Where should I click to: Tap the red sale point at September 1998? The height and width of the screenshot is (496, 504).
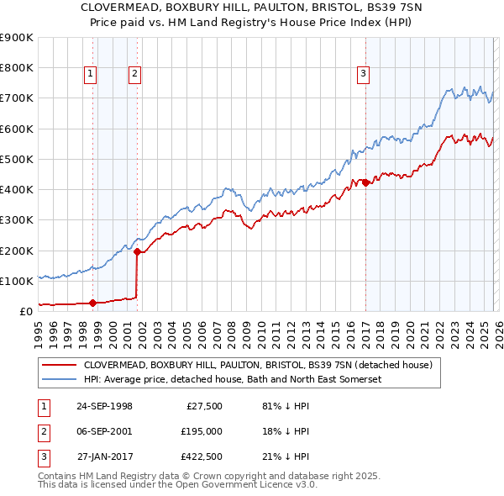[93, 303]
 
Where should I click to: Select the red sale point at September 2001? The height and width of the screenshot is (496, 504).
[137, 251]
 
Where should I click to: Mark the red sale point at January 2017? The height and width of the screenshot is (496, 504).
[365, 182]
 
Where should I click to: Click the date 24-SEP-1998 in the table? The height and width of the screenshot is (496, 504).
[104, 406]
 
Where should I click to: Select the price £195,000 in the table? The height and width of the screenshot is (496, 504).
[201, 431]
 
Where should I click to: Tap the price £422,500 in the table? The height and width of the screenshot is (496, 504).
[201, 456]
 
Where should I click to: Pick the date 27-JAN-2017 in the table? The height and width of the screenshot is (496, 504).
[104, 456]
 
